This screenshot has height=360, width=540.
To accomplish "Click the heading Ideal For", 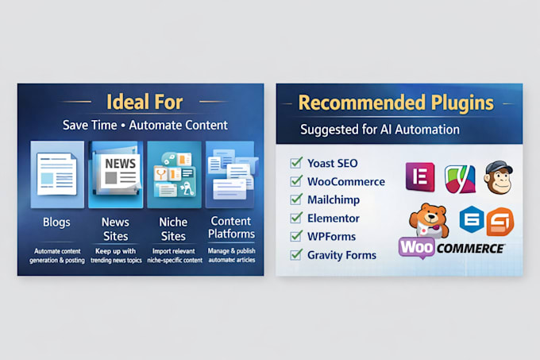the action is pos(145,102).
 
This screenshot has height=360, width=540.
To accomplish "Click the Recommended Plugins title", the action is pos(395,103).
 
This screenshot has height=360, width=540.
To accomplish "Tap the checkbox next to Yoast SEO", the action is pos(296,163).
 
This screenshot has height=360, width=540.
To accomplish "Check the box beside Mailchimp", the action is pos(296,199).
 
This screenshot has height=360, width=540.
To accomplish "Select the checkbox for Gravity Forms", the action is pos(296,254).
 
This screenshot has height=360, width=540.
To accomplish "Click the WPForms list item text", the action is pos(331,237).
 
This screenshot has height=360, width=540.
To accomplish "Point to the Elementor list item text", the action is pos(334,219).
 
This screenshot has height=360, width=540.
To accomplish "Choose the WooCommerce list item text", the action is pos(346,181).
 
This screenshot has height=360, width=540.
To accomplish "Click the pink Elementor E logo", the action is pos(420,176).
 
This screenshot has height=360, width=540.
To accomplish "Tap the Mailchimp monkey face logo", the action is pos(499,177).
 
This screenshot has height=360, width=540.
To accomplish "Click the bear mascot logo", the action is pos(429,220).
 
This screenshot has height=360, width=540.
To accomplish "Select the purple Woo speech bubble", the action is pos(417,247).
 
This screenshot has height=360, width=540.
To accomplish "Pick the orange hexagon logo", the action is pos(500,223).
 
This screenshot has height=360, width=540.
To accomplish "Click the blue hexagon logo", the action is pos(472,219).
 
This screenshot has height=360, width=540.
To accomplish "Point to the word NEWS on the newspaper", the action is pos(120,163).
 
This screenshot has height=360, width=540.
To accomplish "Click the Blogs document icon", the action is pos(57,174).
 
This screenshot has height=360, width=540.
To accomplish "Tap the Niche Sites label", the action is pos(173,229).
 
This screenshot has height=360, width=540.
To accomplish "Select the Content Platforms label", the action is pos(231,228).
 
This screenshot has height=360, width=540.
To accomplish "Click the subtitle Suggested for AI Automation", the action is pos(380,130).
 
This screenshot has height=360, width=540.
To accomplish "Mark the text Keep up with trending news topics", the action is pos(116,256).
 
